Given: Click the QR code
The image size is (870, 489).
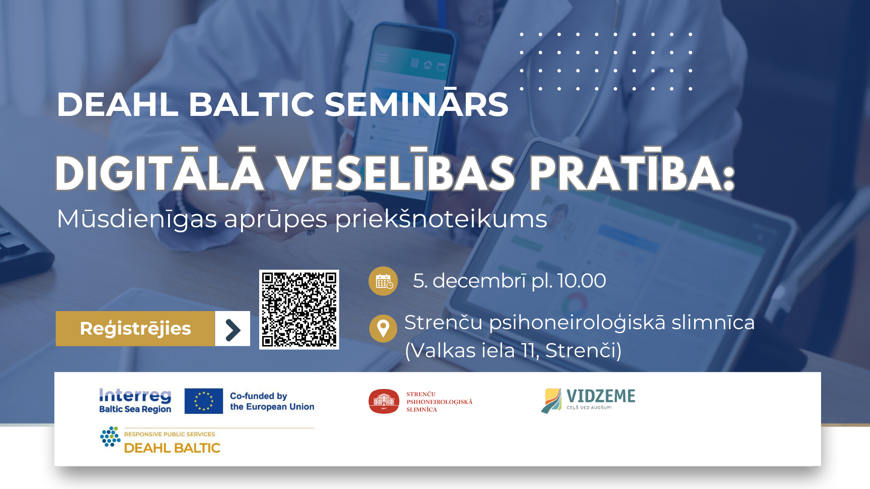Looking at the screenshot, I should (x=299, y=310).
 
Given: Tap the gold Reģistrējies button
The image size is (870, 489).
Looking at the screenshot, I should (x=135, y=329).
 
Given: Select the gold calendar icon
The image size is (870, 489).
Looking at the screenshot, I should (x=383, y=281).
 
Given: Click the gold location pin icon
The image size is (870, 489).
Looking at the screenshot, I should (x=383, y=328).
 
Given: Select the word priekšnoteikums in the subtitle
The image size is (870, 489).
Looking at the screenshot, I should (x=441, y=220).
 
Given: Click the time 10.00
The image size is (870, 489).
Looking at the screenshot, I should (x=582, y=281).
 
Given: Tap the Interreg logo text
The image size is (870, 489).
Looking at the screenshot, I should (x=135, y=396).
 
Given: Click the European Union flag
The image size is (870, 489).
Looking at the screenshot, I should (x=203, y=401).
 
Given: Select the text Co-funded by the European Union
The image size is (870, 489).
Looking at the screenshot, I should (x=272, y=401).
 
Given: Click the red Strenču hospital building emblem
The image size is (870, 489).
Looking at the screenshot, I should (x=384, y=401).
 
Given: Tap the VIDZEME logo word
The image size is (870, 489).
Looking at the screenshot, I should (x=601, y=396).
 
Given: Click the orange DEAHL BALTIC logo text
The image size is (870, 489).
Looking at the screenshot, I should (x=172, y=448).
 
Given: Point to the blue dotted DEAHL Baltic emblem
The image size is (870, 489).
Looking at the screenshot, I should (x=110, y=436).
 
